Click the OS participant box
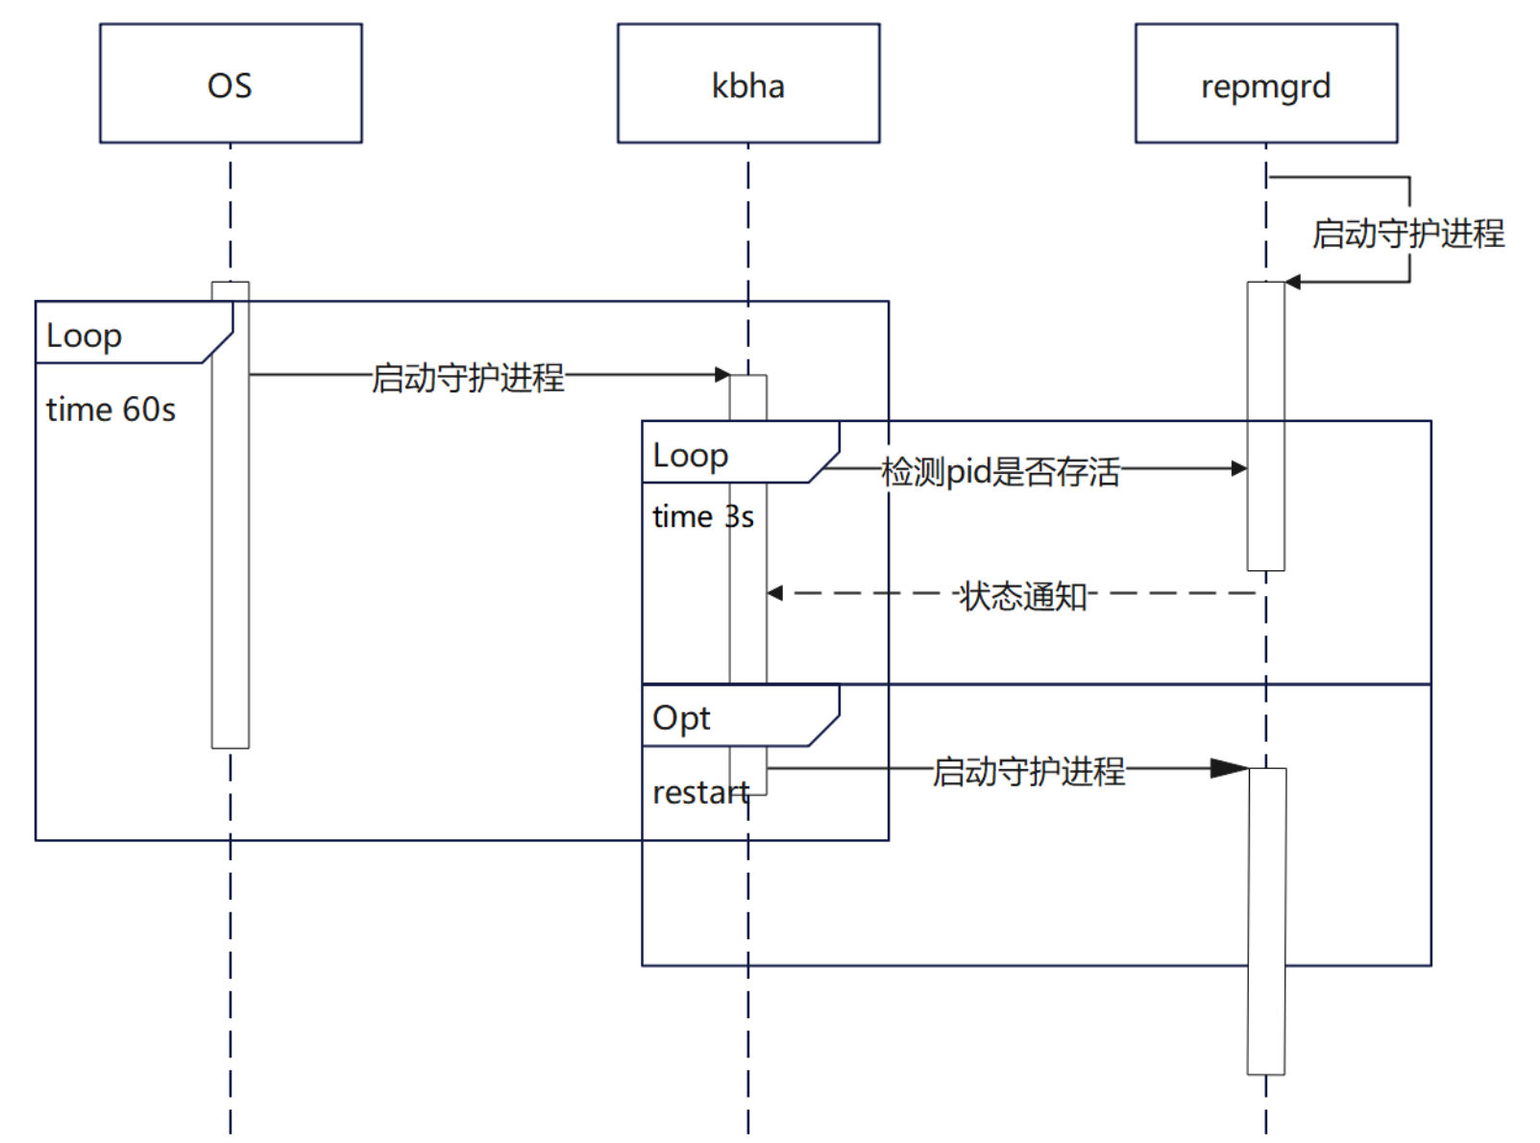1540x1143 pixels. click(x=231, y=84)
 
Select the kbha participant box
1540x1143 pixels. click(x=748, y=84)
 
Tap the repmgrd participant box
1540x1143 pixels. click(x=1266, y=84)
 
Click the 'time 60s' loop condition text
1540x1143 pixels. click(x=111, y=410)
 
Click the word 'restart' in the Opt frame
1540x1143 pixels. click(x=701, y=793)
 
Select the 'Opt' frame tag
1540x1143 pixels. click(x=681, y=718)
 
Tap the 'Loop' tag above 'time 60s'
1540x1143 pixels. click(x=84, y=336)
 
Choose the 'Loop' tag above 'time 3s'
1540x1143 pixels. click(x=690, y=456)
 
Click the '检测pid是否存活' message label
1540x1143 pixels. click(x=1000, y=472)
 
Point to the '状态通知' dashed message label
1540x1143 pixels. click(x=1023, y=596)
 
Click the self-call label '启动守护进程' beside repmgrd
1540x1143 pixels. click(x=1408, y=234)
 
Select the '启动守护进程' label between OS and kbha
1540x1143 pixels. click(x=468, y=378)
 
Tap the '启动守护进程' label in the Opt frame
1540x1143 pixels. click(x=1028, y=771)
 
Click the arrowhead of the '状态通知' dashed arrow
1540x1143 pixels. click(x=775, y=593)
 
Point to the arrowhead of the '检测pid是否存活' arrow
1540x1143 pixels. click(x=1239, y=469)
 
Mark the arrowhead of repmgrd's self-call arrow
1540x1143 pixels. click(x=1293, y=282)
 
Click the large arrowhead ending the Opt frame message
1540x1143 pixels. click(x=1230, y=768)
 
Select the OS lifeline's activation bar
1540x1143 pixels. click(x=231, y=515)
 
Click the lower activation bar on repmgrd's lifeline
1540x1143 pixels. click(x=1266, y=921)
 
